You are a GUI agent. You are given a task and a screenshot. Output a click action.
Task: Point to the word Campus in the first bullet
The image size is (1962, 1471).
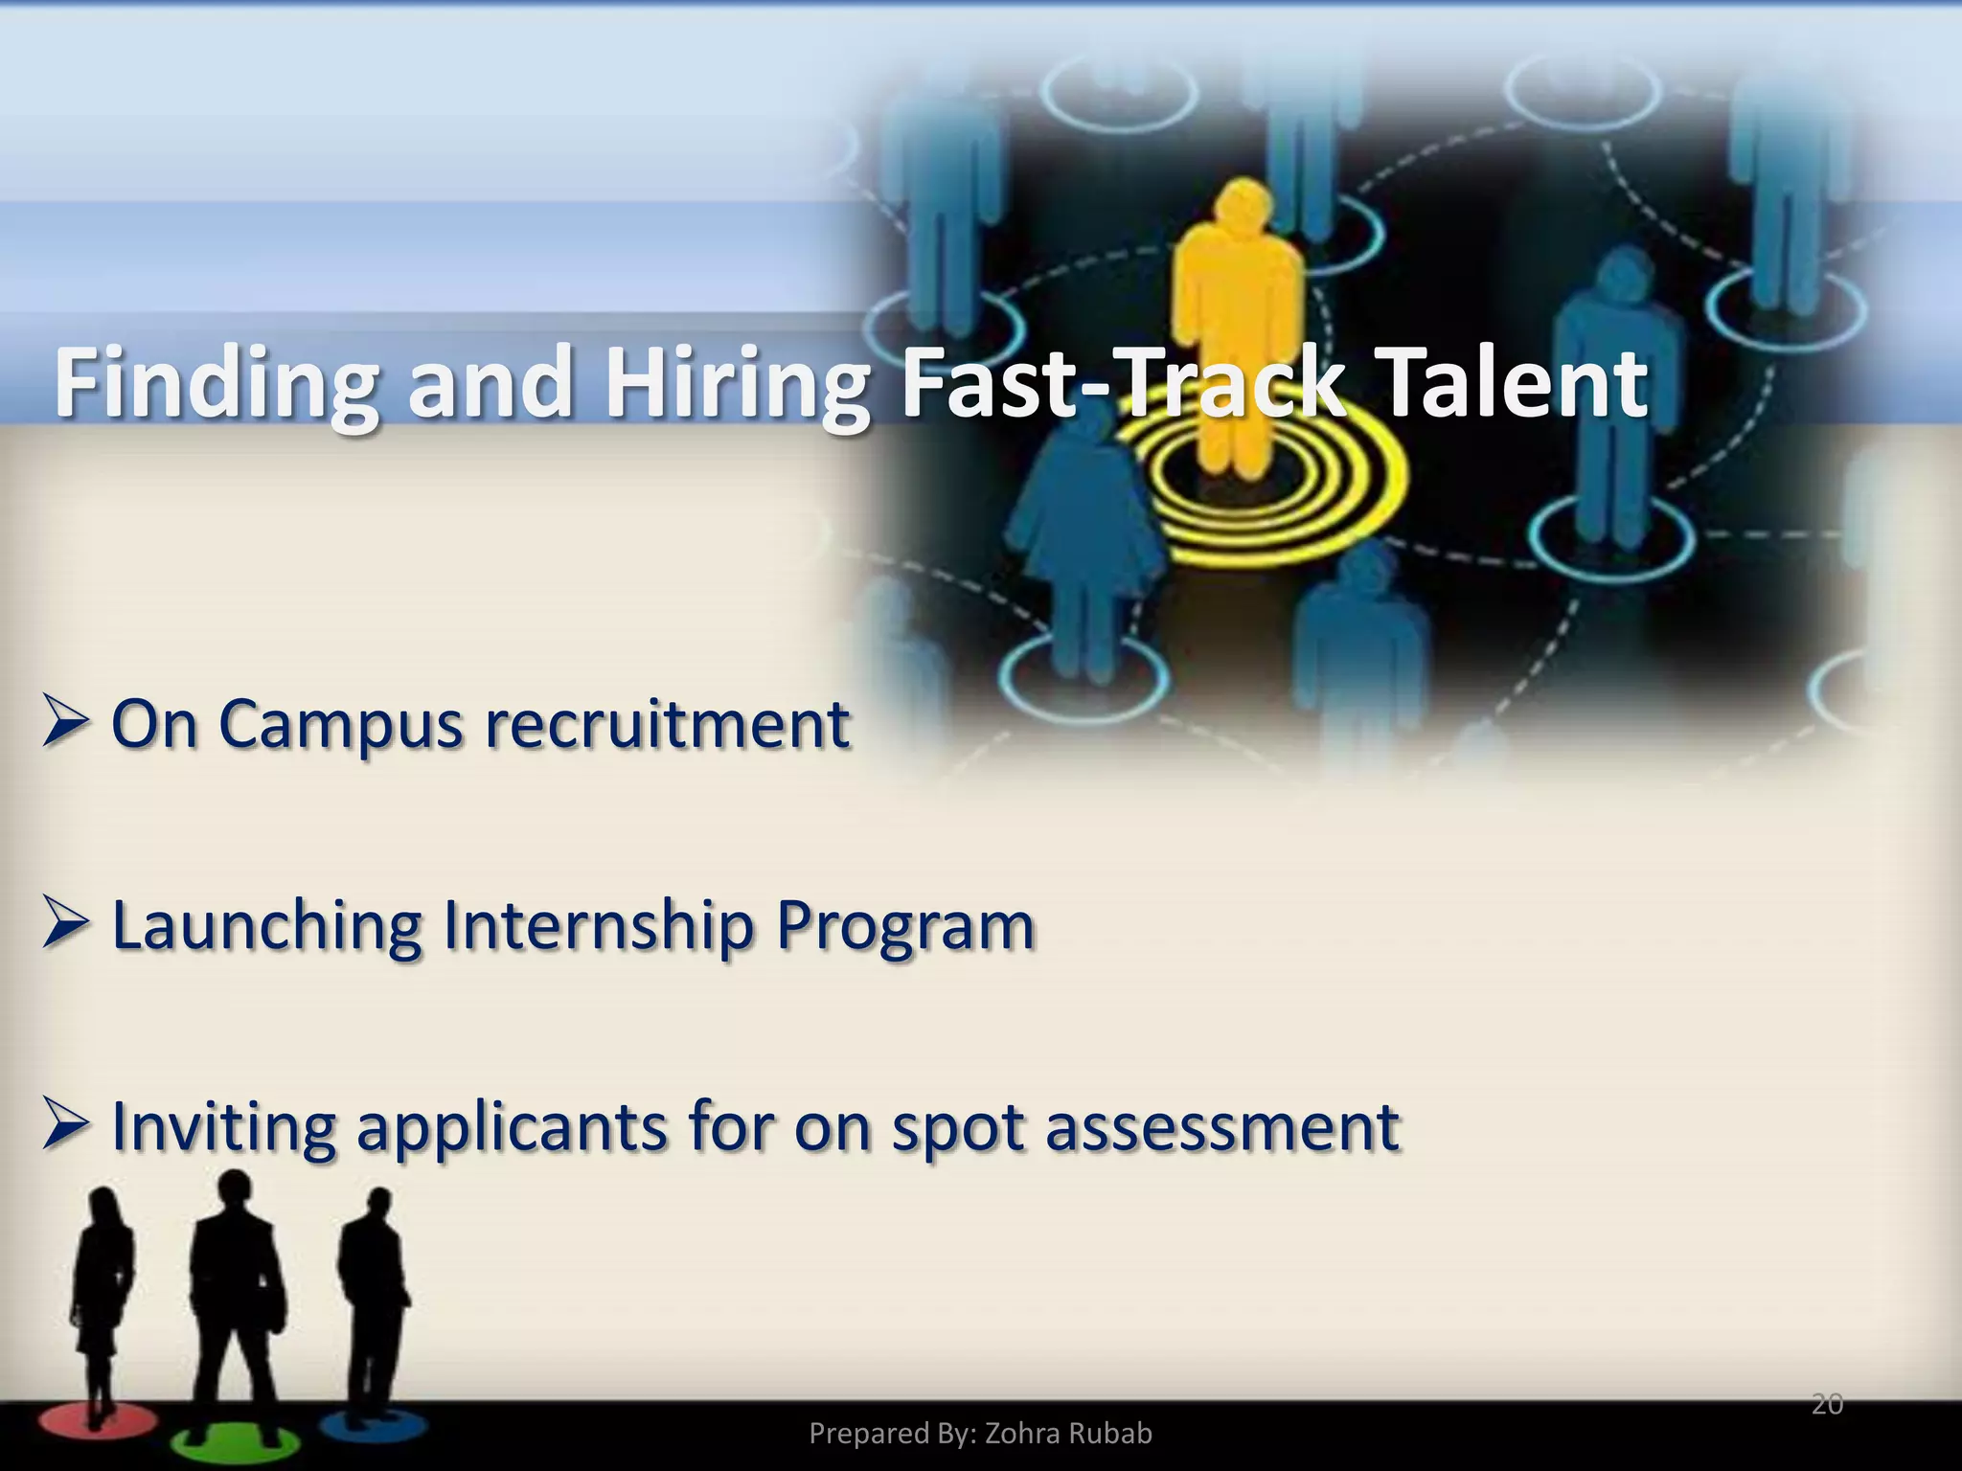pyautogui.click(x=340, y=725)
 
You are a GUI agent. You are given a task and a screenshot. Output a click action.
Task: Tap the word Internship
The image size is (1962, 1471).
pyautogui.click(x=599, y=927)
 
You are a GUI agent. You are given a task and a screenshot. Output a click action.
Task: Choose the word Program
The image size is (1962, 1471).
pyautogui.click(x=905, y=927)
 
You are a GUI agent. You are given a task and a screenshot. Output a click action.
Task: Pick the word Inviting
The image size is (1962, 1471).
pyautogui.click(x=223, y=1127)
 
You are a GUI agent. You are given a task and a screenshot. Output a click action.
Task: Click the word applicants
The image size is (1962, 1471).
pyautogui.click(x=512, y=1129)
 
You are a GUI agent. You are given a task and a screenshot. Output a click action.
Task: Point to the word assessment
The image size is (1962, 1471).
pyautogui.click(x=1222, y=1127)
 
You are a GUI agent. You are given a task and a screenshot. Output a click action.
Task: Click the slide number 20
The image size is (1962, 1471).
pyautogui.click(x=1827, y=1404)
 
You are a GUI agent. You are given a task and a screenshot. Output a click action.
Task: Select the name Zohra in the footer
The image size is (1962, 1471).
pyautogui.click(x=1022, y=1434)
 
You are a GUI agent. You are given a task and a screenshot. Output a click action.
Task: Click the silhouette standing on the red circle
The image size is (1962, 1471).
pyautogui.click(x=103, y=1302)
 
